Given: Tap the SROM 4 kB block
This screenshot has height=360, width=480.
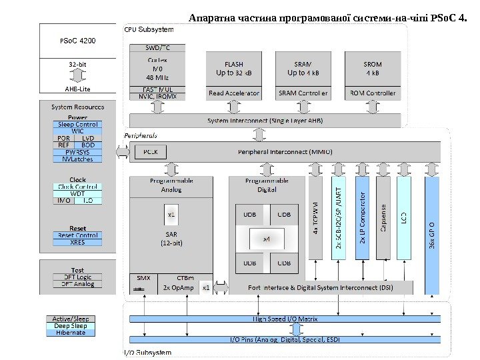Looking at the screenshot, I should click(373, 68).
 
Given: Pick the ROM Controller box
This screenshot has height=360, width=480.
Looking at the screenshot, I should click(373, 93).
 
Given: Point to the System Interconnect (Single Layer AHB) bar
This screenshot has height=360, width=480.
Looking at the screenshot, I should click(265, 120).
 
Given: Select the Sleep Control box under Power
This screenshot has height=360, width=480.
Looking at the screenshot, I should click(78, 125).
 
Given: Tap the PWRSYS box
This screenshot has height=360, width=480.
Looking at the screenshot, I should click(78, 152).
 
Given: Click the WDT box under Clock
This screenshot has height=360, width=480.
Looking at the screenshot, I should click(78, 193).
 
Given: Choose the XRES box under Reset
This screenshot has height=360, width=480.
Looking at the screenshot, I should click(78, 242).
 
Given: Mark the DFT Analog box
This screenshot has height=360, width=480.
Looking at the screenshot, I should click(78, 284).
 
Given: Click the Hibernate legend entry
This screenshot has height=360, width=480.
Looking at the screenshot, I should click(70, 333).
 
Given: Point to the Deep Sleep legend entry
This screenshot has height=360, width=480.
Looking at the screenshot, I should click(70, 326).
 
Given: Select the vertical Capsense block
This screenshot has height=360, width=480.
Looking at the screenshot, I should click(383, 218).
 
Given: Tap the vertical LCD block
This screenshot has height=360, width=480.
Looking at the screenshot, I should click(404, 218).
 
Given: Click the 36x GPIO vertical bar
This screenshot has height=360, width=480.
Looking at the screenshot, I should click(432, 233).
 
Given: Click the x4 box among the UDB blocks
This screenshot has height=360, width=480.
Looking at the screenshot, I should click(265, 238).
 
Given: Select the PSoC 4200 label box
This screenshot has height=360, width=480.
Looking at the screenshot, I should click(78, 41).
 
